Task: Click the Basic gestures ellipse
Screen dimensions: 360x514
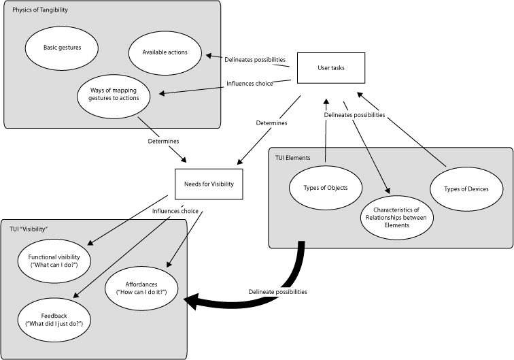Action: (62, 48)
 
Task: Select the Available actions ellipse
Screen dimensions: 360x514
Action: (165, 52)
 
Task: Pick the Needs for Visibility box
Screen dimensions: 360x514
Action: (209, 184)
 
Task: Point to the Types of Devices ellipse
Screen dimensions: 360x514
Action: (466, 188)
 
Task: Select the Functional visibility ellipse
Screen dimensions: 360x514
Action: (54, 260)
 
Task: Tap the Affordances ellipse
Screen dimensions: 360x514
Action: (142, 287)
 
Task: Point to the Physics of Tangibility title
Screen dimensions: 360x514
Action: (40, 10)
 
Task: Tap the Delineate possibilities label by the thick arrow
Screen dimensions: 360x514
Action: (277, 291)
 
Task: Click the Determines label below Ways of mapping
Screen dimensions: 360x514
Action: (163, 142)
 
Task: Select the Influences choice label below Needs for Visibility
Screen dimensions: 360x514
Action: (175, 211)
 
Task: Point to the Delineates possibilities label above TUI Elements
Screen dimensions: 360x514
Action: (354, 115)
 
